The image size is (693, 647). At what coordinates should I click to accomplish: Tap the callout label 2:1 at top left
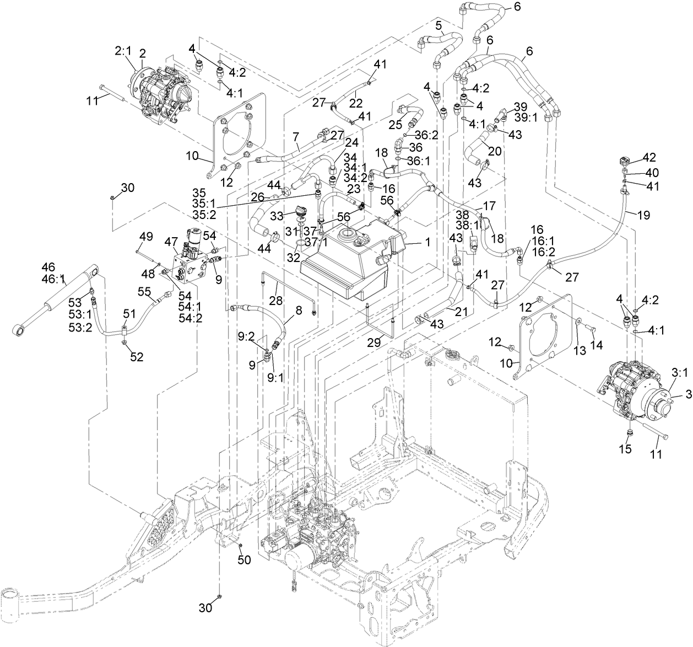point(122,51)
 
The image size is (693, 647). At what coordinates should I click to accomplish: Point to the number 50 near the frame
point(244,560)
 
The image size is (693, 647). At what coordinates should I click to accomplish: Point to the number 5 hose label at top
point(438,25)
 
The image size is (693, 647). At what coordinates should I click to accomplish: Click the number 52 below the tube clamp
point(137,357)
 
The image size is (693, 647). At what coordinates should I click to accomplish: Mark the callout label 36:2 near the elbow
point(426,135)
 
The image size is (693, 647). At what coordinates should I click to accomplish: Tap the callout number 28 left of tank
point(275,300)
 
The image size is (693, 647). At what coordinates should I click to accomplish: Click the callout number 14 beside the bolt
point(597,345)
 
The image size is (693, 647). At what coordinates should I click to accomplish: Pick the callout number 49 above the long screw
point(145,236)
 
